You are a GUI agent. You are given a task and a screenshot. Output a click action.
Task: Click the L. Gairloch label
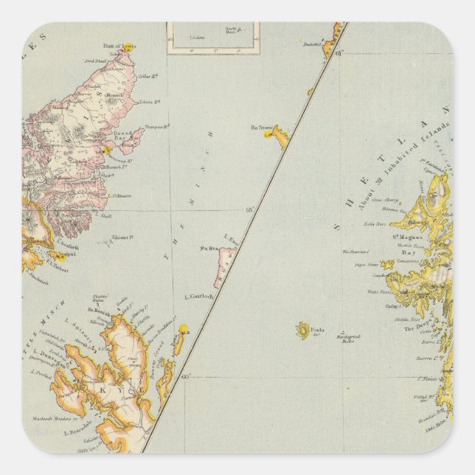(x=198, y=297)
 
